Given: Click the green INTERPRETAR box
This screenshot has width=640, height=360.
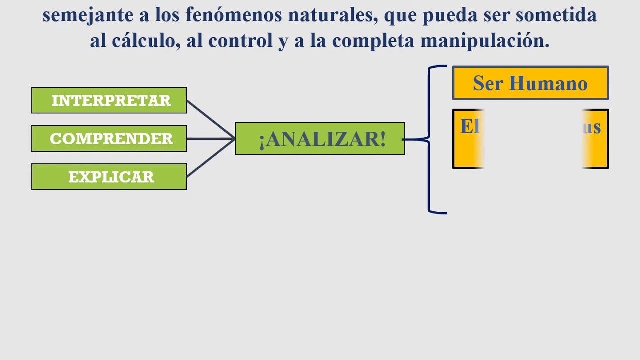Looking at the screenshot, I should point(109,100).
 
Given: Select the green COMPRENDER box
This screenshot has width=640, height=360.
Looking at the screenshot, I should point(109,138).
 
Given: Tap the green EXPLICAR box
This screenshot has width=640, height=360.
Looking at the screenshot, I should point(109,177).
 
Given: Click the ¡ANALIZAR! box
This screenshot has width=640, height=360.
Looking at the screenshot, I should point(320,139).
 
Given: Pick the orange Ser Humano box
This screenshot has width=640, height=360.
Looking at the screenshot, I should point(530,83).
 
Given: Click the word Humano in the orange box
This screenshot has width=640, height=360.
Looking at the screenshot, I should point(548,83).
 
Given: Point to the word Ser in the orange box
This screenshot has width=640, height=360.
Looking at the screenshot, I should point(488,83).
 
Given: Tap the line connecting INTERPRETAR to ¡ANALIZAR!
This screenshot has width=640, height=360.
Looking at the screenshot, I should point(210,119).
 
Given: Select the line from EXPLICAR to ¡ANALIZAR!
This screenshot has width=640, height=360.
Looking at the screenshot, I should point(210,158).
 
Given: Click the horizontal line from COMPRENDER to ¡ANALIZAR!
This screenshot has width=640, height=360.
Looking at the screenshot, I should point(210,138).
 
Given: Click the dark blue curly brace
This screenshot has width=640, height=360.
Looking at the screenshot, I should point(430,140).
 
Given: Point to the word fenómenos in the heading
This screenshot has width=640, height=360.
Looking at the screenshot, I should point(226,15).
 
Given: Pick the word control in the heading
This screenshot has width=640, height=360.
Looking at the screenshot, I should point(241,41).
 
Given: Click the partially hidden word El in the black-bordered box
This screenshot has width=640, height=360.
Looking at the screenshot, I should point(469,127).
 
